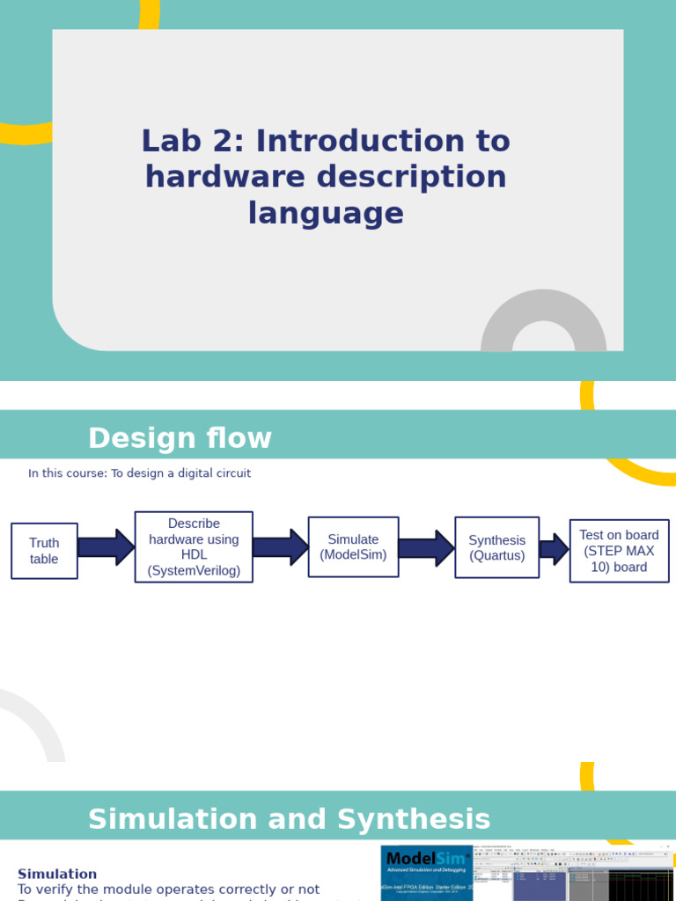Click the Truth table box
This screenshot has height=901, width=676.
[44, 551]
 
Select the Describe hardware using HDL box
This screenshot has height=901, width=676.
[194, 546]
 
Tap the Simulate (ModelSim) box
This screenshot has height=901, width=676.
[353, 546]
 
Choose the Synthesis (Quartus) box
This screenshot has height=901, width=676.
[496, 547]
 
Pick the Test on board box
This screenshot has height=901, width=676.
[619, 551]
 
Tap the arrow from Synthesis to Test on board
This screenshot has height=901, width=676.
[554, 549]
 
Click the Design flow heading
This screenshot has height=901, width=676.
[180, 438]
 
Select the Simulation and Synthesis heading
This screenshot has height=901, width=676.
[289, 819]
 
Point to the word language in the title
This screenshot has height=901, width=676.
[326, 213]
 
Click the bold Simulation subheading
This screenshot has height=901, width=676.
[57, 874]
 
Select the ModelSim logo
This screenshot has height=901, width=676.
[427, 860]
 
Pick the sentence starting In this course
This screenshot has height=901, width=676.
[139, 473]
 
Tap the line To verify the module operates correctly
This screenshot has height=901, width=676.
[168, 890]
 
